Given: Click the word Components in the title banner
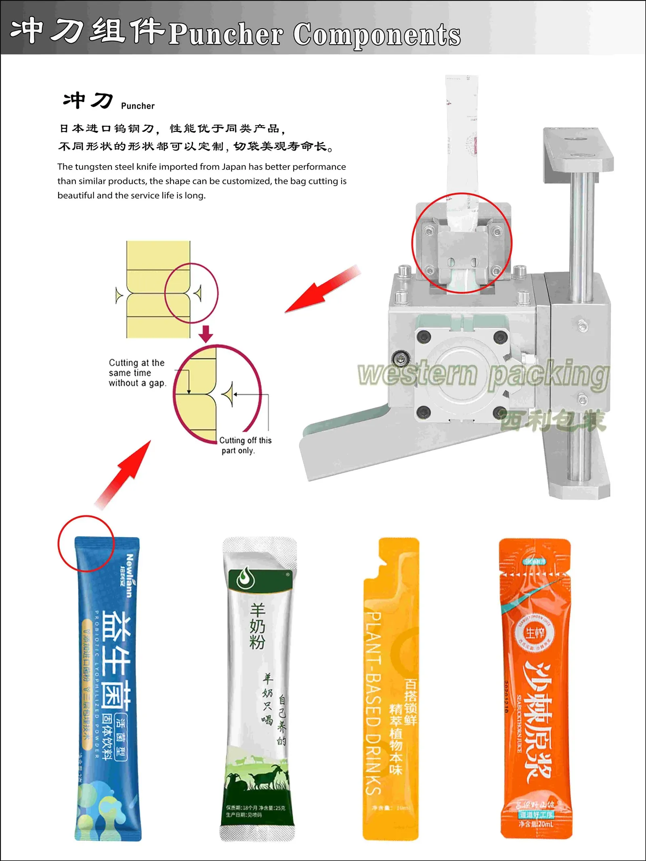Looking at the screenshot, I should point(376,35).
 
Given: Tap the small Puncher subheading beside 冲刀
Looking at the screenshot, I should point(138,106).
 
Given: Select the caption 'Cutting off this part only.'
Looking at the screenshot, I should point(245,445).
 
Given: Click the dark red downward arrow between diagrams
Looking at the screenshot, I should point(206,333).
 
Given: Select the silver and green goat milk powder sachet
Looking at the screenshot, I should point(258,686).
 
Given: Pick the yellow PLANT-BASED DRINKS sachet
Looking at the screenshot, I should point(391,686).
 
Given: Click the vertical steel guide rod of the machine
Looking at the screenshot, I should point(582,234).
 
